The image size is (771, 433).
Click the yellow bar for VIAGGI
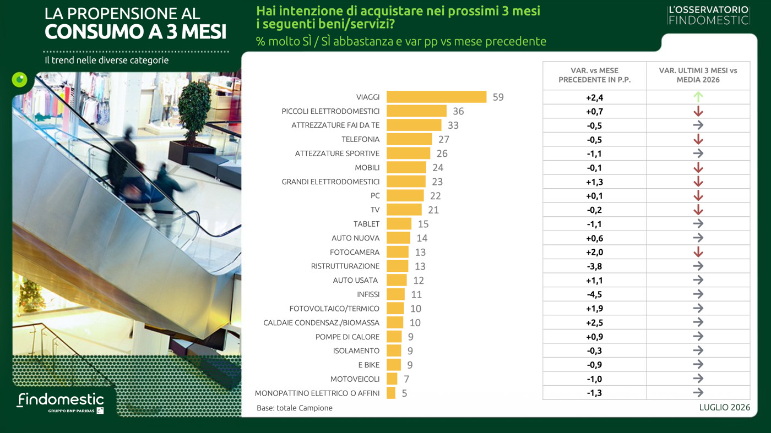pyautogui.click(x=436, y=97)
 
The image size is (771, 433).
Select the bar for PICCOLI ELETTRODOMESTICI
pyautogui.click(x=416, y=111)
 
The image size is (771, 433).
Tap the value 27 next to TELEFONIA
pyautogui.click(x=444, y=139)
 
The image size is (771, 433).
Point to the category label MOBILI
pyautogui.click(x=367, y=167)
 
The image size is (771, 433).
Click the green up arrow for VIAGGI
pyautogui.click(x=698, y=97)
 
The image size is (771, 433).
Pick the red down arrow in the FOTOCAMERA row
pyautogui.click(x=698, y=252)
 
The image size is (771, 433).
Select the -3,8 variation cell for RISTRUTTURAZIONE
pyautogui.click(x=594, y=266)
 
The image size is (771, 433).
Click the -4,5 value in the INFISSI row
pyautogui.click(x=594, y=294)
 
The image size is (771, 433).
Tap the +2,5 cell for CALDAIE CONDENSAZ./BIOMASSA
pyautogui.click(x=594, y=322)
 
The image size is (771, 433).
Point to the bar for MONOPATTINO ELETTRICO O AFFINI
pyautogui.click(x=391, y=393)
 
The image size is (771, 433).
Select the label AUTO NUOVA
pyautogui.click(x=355, y=238)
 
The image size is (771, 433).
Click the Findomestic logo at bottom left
pyautogui.click(x=61, y=402)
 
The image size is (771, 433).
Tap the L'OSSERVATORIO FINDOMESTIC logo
pyautogui.click(x=708, y=15)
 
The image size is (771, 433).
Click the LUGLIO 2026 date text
pyautogui.click(x=725, y=407)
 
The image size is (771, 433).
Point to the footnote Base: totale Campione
pyautogui.click(x=295, y=408)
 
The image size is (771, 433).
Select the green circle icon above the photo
pyautogui.click(x=20, y=80)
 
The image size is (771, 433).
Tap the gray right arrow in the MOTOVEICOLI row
pyautogui.click(x=698, y=379)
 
